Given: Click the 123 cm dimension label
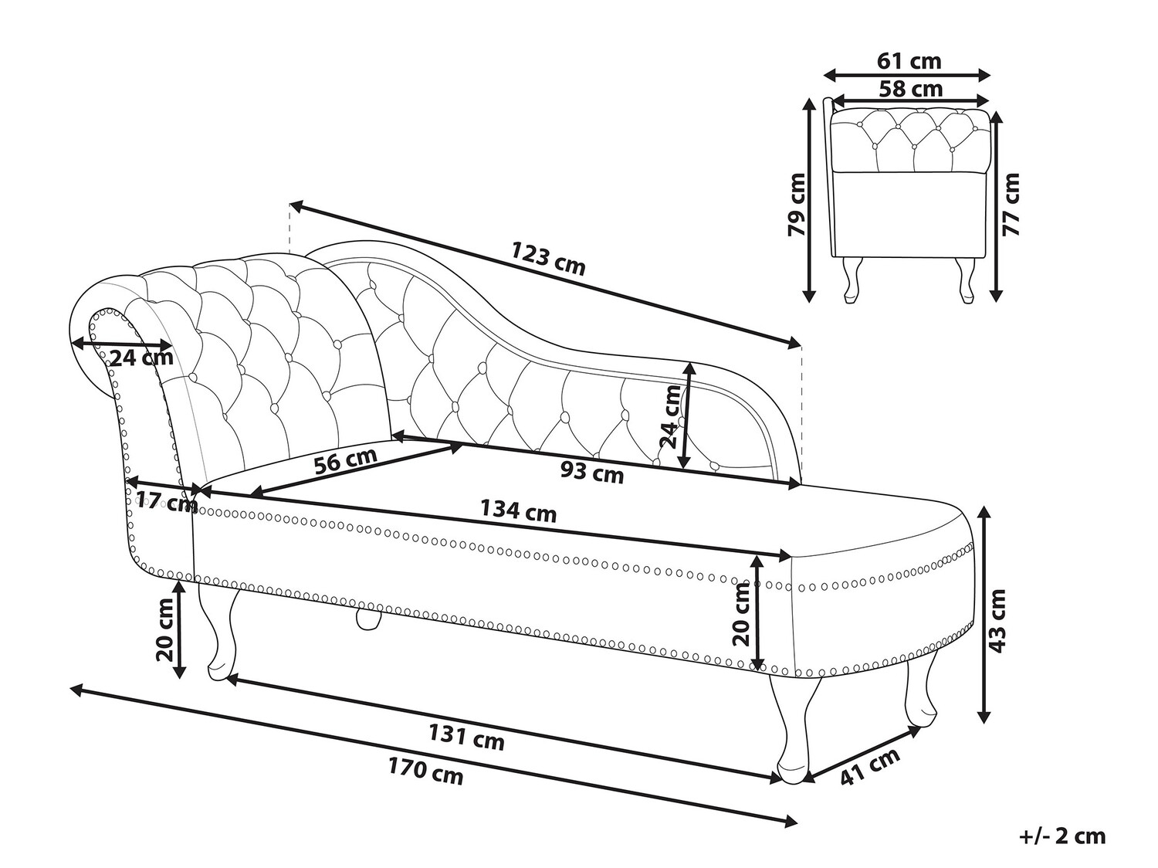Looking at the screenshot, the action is point(547,259).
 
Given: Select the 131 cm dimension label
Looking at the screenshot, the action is point(466,737).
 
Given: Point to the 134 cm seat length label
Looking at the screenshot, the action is point(519,510).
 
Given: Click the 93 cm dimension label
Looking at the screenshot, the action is point(592,471).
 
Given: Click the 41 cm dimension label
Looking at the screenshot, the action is point(870,766).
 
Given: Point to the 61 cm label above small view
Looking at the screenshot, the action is point(909,61).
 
